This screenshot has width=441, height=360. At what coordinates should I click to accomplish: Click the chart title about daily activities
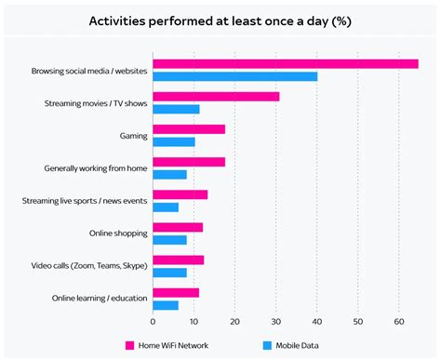pyautogui.click(x=220, y=20)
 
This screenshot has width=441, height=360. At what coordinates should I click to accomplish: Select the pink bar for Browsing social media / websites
pyautogui.click(x=286, y=64)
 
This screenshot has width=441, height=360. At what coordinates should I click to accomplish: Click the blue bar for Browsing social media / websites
pyautogui.click(x=234, y=76)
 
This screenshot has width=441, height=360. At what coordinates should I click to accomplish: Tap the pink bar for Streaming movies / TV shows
pyautogui.click(x=216, y=97)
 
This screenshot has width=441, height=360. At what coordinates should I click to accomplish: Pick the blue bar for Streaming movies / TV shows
pyautogui.click(x=176, y=109)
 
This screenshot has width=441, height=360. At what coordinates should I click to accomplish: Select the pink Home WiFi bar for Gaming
pyautogui.click(x=189, y=129)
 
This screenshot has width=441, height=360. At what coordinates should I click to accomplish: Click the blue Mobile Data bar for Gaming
pyautogui.click(x=174, y=141)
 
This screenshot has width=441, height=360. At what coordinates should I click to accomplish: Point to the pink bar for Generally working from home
pyautogui.click(x=189, y=162)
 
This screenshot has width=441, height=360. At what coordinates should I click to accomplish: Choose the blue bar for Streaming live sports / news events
pyautogui.click(x=166, y=207)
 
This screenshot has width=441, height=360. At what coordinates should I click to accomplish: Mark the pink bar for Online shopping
pyautogui.click(x=178, y=227)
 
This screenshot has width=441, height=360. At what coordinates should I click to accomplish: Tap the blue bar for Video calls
pyautogui.click(x=169, y=273)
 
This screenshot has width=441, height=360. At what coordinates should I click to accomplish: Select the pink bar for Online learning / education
pyautogui.click(x=176, y=292)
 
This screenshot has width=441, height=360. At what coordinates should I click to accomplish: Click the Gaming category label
pyautogui.click(x=133, y=136)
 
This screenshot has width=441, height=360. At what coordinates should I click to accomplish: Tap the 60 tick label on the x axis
pyautogui.click(x=398, y=322)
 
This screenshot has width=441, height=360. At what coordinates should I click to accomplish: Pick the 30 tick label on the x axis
pyautogui.click(x=275, y=322)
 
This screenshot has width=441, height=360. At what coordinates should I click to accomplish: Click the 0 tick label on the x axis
pyautogui.click(x=153, y=322)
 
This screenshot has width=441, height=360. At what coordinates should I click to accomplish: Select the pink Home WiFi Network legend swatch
pyautogui.click(x=130, y=345)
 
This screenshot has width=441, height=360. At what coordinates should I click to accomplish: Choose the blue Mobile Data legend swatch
pyautogui.click(x=266, y=345)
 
